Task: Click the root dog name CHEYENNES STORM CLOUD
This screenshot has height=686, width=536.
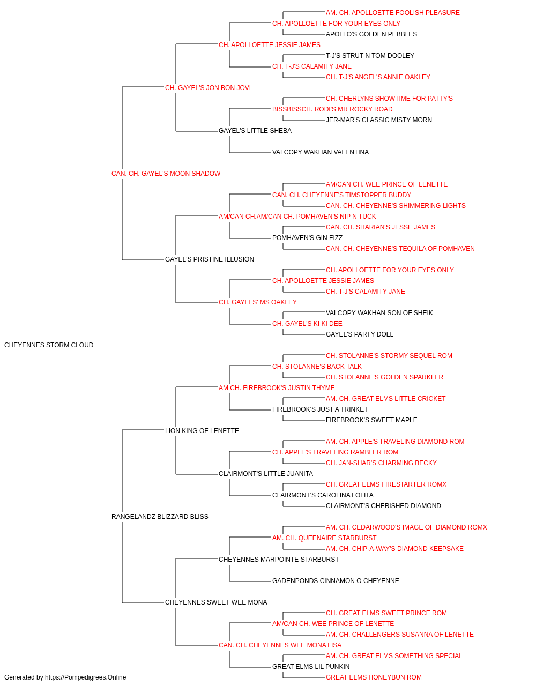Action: [x=49, y=345]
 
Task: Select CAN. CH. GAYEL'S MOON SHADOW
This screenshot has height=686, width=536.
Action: [x=166, y=174]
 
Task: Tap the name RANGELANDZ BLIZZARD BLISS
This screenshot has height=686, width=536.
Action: [x=160, y=517]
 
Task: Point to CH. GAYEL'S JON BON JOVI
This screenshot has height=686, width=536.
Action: [x=208, y=88]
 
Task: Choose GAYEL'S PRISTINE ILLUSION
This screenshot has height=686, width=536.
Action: [x=209, y=259]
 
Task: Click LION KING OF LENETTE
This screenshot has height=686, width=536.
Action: [x=202, y=430]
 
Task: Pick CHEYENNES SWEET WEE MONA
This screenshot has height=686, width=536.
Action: [x=216, y=602]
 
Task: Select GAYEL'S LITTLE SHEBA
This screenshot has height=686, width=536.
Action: [x=255, y=131]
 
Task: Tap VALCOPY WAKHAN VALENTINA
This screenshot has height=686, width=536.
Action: [x=321, y=152]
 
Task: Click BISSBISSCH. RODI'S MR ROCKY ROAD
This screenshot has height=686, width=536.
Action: [x=332, y=109]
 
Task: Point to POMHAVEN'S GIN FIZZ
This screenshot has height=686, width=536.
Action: [x=307, y=238]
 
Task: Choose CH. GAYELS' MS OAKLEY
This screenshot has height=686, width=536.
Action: [x=258, y=302]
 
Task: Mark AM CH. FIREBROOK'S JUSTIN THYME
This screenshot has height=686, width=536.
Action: [x=277, y=387]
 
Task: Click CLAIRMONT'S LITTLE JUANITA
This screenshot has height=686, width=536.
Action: [x=265, y=474]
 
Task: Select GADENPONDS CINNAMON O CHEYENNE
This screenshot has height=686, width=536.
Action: [x=336, y=580]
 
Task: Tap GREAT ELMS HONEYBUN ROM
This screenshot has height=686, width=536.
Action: [x=374, y=677]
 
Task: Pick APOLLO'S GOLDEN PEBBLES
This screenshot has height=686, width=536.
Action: [x=371, y=34]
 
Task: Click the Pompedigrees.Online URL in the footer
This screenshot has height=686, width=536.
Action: [x=86, y=677]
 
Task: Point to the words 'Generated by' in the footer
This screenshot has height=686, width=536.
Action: [x=24, y=677]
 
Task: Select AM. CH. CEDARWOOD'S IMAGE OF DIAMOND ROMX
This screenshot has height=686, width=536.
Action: [x=406, y=527]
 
